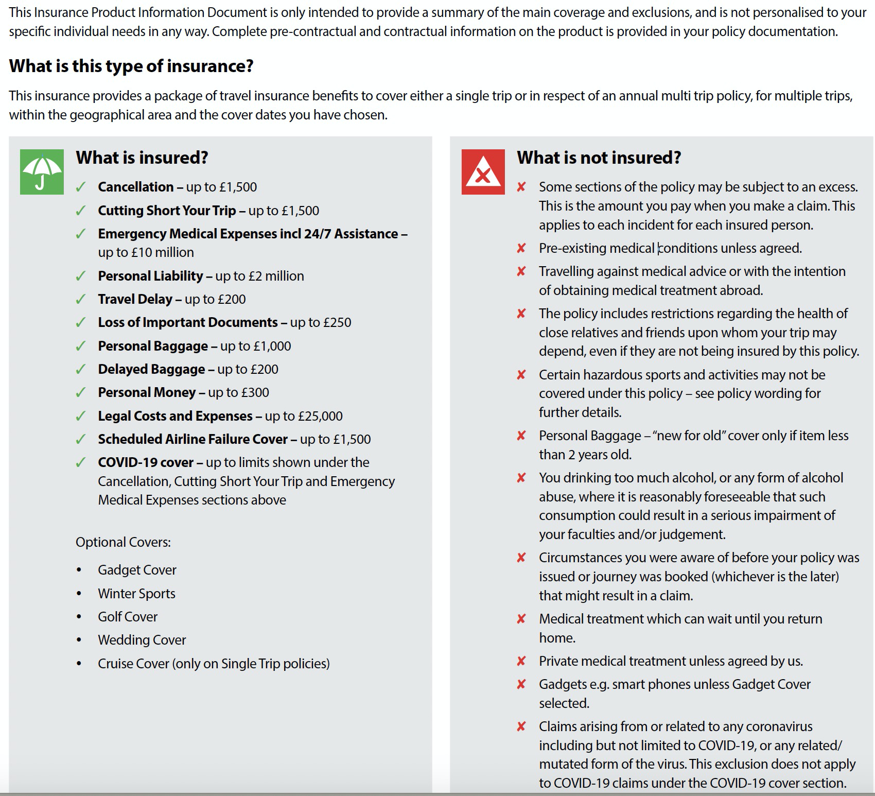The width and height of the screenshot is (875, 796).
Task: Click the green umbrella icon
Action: point(42,172)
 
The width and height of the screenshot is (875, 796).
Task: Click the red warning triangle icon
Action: point(483,172)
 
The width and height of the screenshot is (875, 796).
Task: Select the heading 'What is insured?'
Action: point(142,158)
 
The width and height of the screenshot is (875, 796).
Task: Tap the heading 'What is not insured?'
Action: point(599,158)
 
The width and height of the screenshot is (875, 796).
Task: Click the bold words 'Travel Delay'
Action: point(135,299)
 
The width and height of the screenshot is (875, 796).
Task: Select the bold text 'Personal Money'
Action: point(147,392)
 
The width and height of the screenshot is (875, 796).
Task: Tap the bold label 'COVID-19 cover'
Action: point(146,462)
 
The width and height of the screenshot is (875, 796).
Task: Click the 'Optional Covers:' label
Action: point(123,542)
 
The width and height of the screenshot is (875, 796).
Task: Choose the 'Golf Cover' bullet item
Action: point(128,617)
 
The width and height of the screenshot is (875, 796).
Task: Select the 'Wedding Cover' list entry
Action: point(142,640)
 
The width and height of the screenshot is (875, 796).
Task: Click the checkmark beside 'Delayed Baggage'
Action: point(80,370)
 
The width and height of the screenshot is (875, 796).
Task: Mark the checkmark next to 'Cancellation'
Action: point(80,187)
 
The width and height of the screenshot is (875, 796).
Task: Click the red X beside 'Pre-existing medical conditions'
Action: point(521,249)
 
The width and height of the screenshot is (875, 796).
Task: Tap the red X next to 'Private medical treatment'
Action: point(521,661)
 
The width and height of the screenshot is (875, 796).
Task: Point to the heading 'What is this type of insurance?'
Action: point(131,66)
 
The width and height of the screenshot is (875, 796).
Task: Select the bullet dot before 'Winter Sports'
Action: point(79,594)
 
